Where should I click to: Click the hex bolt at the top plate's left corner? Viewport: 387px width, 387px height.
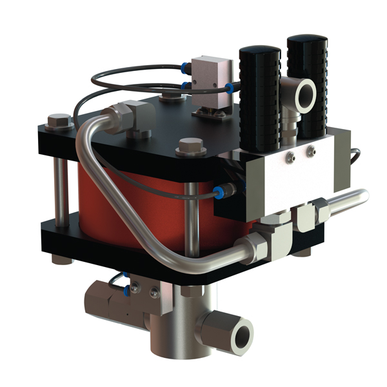tap(59, 121)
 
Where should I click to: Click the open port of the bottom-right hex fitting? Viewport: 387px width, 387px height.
tap(243, 335)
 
